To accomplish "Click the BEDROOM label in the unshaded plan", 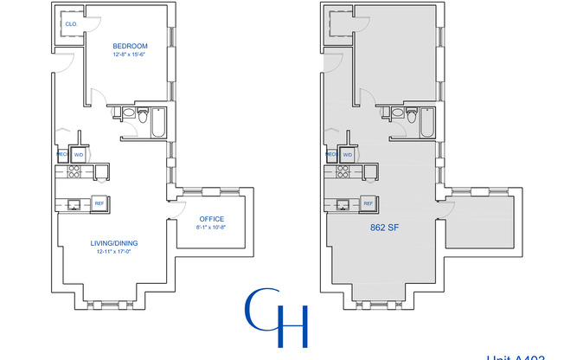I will tap(130, 46).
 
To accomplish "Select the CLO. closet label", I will tap(70, 24).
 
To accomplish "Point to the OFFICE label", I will tap(211, 219).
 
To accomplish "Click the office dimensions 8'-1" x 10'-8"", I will tap(211, 228).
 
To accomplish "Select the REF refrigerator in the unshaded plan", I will tap(99, 203).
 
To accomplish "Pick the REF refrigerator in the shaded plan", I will tap(368, 203).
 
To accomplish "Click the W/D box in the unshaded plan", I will tap(79, 155).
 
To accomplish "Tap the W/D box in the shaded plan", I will tap(347, 155).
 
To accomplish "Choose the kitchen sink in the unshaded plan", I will tap(73, 204).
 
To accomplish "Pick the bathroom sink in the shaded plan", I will tap(397, 112).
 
